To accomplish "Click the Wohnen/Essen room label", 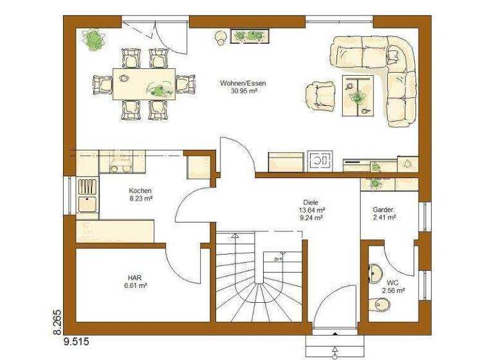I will click(242, 84).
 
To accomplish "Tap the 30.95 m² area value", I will click(242, 91).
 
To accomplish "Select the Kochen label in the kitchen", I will click(140, 191).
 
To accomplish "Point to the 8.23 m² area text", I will click(140, 199).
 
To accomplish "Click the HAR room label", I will click(134, 278).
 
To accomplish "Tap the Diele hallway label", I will click(311, 201).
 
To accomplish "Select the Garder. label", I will click(383, 210).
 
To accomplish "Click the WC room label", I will click(392, 282).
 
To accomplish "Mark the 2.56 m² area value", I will click(392, 291).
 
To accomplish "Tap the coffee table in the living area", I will click(358, 95).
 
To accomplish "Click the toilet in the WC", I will click(376, 304).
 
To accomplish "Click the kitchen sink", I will click(87, 203).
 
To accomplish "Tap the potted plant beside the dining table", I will click(94, 40).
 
